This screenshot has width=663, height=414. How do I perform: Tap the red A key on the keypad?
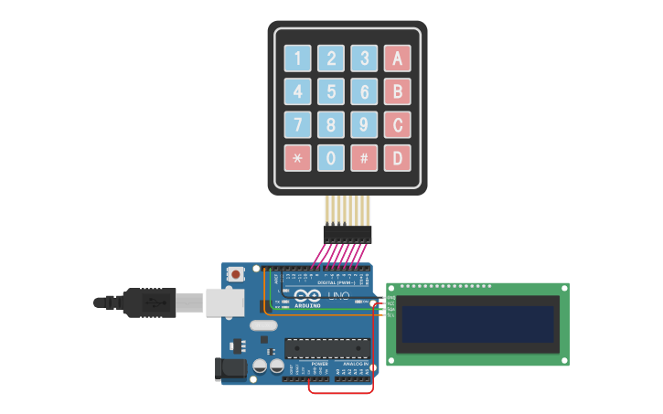(397, 58)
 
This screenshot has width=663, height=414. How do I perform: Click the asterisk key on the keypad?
(297, 157)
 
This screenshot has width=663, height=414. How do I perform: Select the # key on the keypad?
(364, 157)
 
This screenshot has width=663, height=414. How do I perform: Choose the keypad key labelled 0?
(331, 157)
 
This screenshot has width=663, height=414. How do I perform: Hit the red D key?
(397, 157)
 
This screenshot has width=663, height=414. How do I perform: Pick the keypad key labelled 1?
(297, 58)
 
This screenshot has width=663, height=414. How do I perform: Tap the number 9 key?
(364, 124)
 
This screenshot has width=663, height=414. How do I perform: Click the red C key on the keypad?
(397, 124)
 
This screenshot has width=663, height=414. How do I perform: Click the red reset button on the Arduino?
(236, 273)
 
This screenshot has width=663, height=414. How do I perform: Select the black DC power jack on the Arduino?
(230, 368)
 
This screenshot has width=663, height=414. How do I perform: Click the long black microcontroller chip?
(327, 348)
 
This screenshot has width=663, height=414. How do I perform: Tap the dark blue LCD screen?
(477, 324)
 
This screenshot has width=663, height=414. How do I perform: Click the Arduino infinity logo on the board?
(306, 295)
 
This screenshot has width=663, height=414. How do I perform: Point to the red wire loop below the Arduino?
(340, 392)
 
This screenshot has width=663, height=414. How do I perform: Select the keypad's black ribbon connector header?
(348, 234)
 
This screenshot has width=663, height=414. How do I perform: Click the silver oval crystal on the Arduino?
(262, 326)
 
